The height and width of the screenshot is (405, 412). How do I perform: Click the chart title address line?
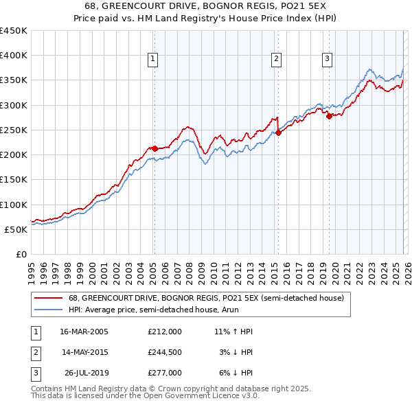(x=206, y=7)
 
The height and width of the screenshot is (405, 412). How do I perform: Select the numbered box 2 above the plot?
(x=276, y=60)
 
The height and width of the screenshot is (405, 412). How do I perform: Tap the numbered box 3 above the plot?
(x=328, y=60)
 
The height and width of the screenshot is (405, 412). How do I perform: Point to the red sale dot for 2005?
(x=154, y=148)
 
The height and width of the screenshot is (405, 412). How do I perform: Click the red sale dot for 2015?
(x=279, y=132)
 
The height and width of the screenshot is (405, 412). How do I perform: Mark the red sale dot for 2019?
(x=329, y=116)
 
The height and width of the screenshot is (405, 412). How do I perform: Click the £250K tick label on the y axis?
(x=14, y=130)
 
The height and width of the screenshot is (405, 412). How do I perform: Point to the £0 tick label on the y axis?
(x=21, y=254)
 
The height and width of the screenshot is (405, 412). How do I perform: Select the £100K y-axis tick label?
(x=14, y=205)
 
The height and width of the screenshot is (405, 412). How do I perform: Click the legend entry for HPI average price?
(x=161, y=310)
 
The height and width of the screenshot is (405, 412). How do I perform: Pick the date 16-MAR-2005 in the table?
(x=84, y=332)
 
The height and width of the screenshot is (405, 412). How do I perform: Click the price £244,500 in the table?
(x=164, y=352)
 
